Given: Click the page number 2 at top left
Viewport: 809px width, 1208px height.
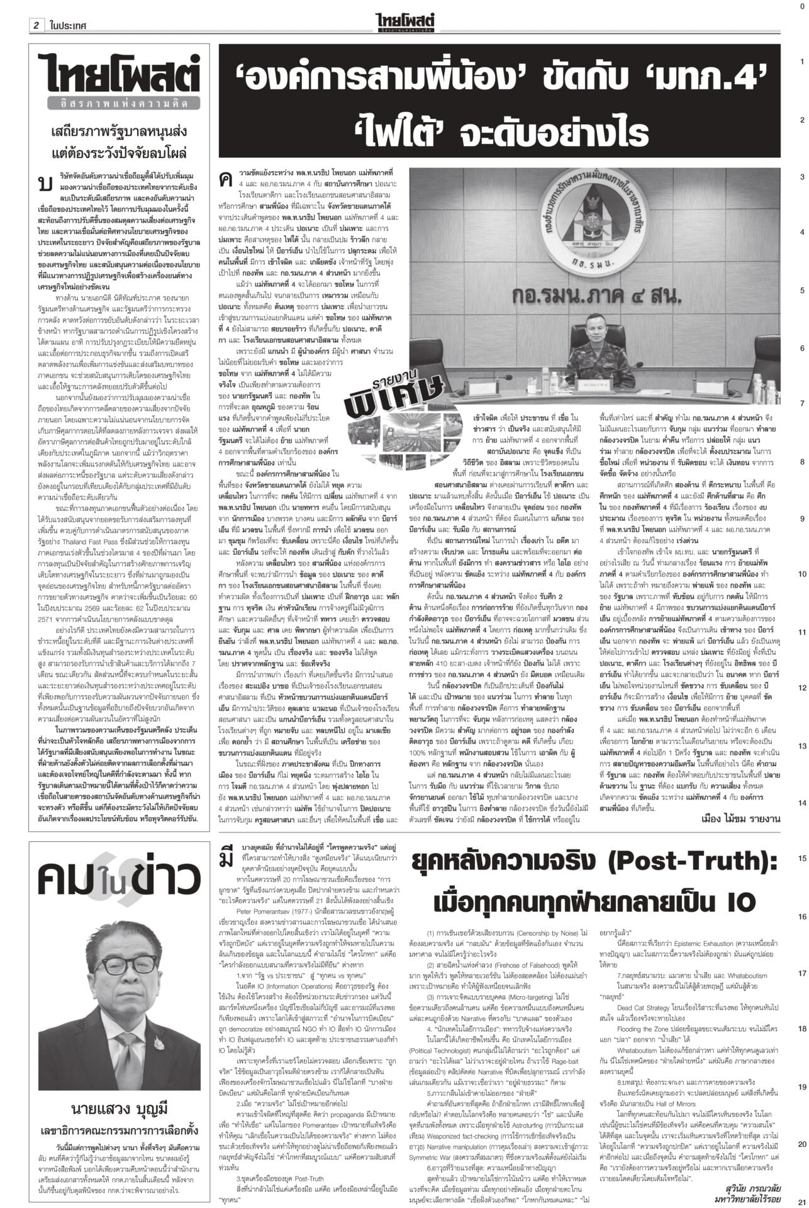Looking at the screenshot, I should (x=36, y=9).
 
